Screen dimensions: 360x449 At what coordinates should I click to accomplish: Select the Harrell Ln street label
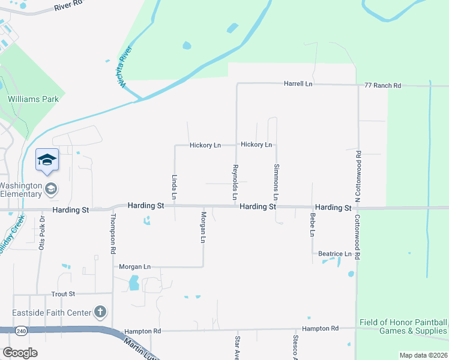(x=298, y=85)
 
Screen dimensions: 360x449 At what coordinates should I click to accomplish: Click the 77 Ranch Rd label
(x=382, y=86)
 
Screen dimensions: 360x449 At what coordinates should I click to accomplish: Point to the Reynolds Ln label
(x=235, y=182)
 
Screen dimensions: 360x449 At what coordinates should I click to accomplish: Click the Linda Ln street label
(x=174, y=187)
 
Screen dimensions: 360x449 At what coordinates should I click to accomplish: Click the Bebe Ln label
(x=312, y=224)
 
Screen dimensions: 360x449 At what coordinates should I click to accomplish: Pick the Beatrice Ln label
(x=334, y=254)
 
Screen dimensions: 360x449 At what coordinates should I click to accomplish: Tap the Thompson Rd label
(x=112, y=235)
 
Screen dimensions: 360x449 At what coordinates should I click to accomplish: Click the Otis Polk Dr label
(x=42, y=235)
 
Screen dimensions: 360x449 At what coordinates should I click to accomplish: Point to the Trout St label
(x=63, y=294)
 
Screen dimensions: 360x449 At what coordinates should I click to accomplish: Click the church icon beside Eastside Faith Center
(x=100, y=312)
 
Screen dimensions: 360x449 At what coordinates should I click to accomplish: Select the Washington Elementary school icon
(x=51, y=189)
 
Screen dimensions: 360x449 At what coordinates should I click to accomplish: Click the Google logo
(x=20, y=353)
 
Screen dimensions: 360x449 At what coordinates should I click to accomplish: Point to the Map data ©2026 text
(x=423, y=355)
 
